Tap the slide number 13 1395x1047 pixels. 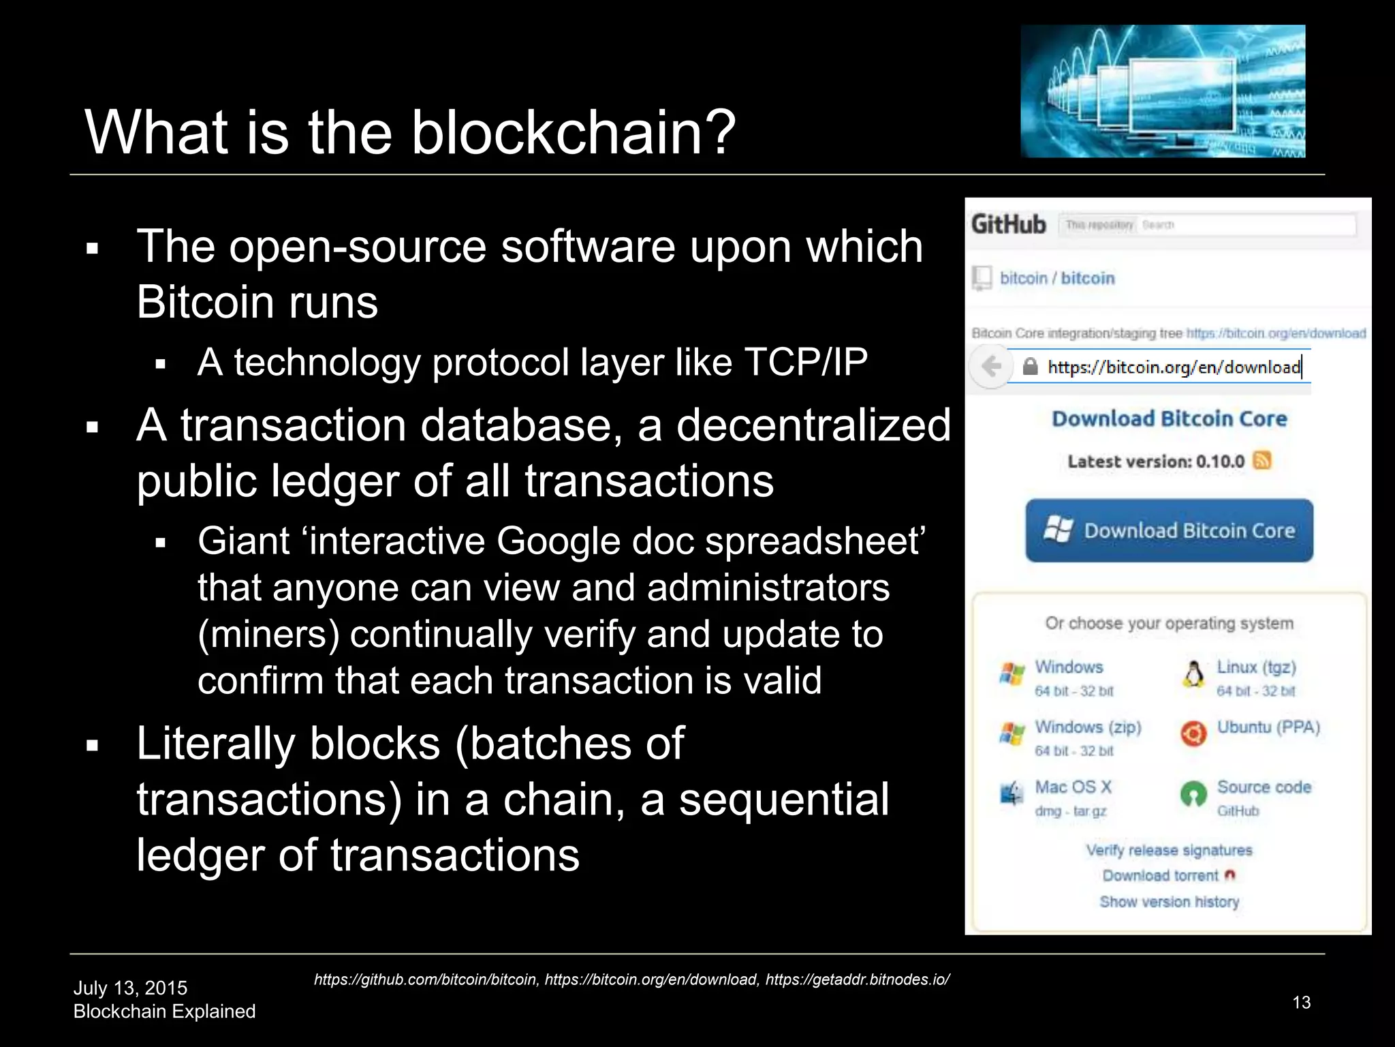click(1301, 1002)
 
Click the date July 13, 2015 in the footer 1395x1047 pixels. click(130, 988)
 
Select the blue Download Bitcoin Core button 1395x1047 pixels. click(1169, 530)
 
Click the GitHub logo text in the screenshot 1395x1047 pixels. click(1008, 224)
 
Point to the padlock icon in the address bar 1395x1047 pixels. click(1031, 367)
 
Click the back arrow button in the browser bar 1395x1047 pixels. click(991, 367)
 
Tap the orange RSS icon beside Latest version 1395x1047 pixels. click(1261, 461)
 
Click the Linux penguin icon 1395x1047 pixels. click(1193, 674)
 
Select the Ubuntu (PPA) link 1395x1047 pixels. click(1268, 727)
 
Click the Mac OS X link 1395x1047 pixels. click(1073, 787)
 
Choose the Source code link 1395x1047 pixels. click(1264, 787)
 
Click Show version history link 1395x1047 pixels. click(1169, 902)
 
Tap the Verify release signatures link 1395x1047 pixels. click(1169, 850)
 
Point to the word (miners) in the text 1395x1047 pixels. click(268, 635)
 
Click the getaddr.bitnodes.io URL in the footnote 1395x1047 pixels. click(857, 980)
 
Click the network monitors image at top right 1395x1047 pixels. click(1163, 91)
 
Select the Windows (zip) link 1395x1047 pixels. click(1088, 727)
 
